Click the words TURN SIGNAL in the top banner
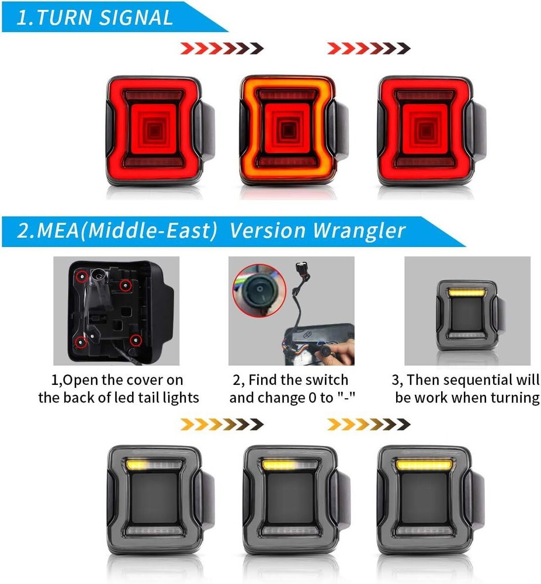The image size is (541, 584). (x=105, y=18)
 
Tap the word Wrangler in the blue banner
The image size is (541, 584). (x=359, y=230)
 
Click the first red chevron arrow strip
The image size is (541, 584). (x=222, y=48)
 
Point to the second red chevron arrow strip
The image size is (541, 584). (x=369, y=48)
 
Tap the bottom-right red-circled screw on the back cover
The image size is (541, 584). (x=136, y=339)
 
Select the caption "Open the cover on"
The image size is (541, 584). (x=117, y=380)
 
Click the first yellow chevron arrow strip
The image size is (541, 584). (x=222, y=424)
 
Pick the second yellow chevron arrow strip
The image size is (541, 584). (x=369, y=424)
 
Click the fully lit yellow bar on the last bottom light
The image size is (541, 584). (x=424, y=465)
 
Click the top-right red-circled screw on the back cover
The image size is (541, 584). (x=126, y=286)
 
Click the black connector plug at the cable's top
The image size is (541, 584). (x=300, y=268)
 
